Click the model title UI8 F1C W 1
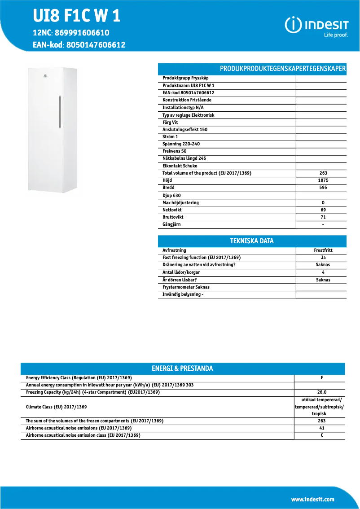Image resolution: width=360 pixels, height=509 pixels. [x=76, y=16]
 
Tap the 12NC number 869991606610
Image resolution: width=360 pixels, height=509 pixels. [x=81, y=33]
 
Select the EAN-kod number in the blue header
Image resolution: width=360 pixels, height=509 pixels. [x=96, y=45]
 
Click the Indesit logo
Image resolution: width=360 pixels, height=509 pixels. [x=316, y=26]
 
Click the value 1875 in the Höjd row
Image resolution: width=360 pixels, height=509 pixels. [x=323, y=180]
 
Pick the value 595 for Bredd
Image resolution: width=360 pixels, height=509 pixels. [x=323, y=188]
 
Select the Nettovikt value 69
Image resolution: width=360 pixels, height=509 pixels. [x=323, y=210]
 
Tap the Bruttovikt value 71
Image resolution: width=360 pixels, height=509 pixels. [x=323, y=217]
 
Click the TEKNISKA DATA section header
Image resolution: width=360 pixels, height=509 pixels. [x=252, y=241]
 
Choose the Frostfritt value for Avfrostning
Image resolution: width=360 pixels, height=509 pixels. [x=323, y=250]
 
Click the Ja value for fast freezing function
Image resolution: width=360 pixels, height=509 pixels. [x=323, y=258]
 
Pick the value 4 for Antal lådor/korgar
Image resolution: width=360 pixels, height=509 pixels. [x=323, y=272]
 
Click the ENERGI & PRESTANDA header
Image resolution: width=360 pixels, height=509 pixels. [x=182, y=369]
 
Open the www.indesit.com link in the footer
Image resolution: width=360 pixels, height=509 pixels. [x=312, y=500]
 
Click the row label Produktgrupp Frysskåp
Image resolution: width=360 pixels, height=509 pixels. [x=185, y=78]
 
